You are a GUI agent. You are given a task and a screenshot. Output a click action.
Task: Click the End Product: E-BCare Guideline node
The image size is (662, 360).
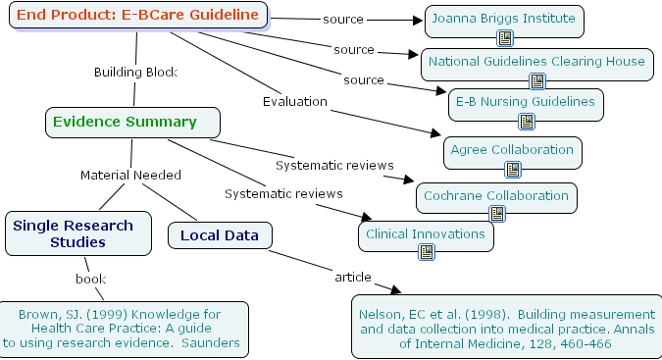click(x=138, y=16)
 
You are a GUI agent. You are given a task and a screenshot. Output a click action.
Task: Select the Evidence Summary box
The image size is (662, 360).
click(x=131, y=123)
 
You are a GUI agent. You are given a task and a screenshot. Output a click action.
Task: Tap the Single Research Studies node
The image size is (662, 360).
click(x=77, y=233)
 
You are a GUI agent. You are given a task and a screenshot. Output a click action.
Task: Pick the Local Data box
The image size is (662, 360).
click(x=220, y=235)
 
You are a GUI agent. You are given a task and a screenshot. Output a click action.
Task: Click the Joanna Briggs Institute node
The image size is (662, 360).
click(x=504, y=19)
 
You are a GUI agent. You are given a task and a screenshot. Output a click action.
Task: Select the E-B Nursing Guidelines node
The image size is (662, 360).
click(x=525, y=101)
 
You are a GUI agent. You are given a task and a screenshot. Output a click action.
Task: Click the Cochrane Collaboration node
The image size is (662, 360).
click(x=495, y=196)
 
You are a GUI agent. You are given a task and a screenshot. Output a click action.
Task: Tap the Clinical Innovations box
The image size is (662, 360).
click(x=426, y=234)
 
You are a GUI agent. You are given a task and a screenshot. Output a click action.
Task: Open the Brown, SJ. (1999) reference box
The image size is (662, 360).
click(x=125, y=330)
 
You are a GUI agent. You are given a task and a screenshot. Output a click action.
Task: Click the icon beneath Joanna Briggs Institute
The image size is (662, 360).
click(x=505, y=39)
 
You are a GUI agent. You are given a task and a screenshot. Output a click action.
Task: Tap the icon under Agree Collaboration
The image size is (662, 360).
click(x=512, y=170)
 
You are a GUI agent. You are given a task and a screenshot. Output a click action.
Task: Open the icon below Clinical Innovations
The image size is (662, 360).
click(x=427, y=253)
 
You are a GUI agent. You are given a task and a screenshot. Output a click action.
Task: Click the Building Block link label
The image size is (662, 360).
click(x=134, y=72)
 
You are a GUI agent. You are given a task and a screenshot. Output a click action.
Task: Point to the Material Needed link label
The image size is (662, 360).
click(x=130, y=176)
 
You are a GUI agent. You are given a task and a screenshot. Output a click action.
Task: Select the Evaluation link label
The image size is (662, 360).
click(x=294, y=100)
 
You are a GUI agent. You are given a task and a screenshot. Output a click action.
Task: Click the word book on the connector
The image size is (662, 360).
click(x=90, y=279)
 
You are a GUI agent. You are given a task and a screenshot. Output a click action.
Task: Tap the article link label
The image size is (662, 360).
click(x=352, y=277)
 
